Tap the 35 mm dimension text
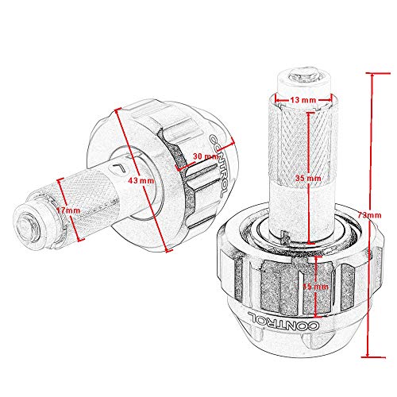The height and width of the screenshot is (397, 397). (308, 178)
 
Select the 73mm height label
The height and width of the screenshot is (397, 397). (369, 215)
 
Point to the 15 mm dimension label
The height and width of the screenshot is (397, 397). (315, 287)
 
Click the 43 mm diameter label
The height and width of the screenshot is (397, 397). (141, 181)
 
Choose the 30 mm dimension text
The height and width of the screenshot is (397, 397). (206, 156)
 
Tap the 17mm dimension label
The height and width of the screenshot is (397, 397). (68, 210)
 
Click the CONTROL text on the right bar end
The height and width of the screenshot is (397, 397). (283, 321)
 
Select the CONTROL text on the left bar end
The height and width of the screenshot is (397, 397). (218, 165)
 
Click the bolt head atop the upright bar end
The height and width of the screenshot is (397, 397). (303, 75)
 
